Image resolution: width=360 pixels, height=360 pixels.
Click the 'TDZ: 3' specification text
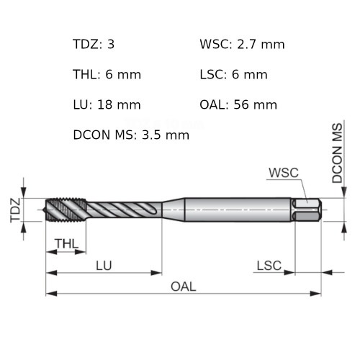(94, 45)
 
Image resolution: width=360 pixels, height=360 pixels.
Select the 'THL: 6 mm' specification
(107, 75)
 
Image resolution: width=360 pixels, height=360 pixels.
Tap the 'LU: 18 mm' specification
(107, 105)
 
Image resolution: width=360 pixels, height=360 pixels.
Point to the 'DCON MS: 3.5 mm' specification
(131, 135)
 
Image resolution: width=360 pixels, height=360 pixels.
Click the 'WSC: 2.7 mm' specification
(242, 45)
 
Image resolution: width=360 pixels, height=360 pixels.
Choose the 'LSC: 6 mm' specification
(233, 75)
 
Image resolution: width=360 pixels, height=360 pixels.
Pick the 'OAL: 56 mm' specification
(238, 105)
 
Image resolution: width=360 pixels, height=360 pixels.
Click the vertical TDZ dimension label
(14, 210)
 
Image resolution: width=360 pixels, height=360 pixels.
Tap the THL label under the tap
(66, 243)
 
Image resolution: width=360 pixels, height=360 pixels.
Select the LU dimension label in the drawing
(104, 265)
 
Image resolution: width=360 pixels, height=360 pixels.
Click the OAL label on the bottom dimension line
(183, 287)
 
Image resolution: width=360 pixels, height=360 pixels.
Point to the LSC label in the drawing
(269, 265)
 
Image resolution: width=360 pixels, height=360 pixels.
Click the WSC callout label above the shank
(283, 173)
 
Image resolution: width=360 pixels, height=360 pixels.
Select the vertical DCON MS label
(337, 153)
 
